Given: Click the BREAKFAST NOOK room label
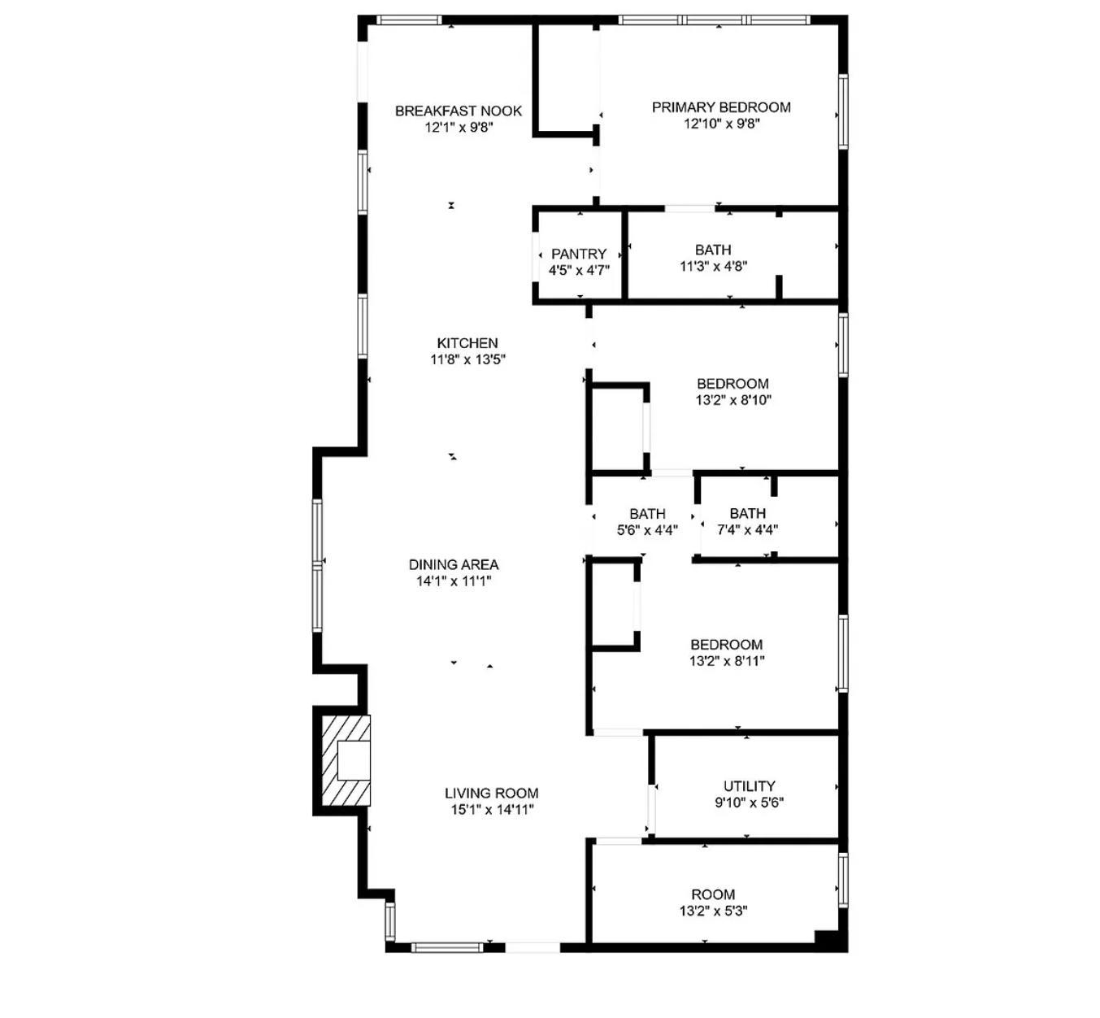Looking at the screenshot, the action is coord(458,111).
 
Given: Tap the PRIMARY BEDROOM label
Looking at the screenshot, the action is coord(721,107).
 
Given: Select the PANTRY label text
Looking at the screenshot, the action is coord(579,254).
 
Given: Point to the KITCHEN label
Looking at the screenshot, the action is coord(467,343).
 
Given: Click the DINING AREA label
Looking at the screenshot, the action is coord(454,564).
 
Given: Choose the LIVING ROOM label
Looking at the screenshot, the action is coord(491,793).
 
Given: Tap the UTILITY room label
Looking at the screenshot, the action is coord(749,785).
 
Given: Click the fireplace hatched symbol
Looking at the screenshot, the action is coord(346,759).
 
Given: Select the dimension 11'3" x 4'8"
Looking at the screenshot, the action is coord(713,267).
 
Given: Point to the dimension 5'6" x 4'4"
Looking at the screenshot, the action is coord(647,530).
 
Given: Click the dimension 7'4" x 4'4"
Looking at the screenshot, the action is coord(747,529).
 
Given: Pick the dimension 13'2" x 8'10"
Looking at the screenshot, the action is coord(733,399).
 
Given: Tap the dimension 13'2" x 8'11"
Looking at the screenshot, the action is coord(727,660).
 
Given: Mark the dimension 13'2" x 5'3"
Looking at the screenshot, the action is coord(713,911).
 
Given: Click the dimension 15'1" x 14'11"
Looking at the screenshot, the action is coord(492,810).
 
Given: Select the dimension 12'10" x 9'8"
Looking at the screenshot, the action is coord(721,124).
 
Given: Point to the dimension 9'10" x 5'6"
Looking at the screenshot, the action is coord(749,803).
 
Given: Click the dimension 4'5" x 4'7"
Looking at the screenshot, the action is coord(579,271).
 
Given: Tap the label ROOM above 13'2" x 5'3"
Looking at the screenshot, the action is coord(713,894).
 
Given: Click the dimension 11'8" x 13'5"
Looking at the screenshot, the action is coord(467,359).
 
